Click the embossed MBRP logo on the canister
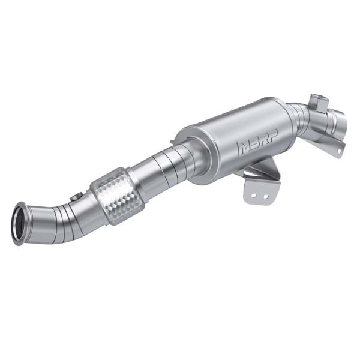[x=257, y=145]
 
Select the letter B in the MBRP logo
[x=253, y=145]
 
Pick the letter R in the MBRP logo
[x=262, y=143]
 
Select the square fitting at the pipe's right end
[x=319, y=103]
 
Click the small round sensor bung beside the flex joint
[x=76, y=196]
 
